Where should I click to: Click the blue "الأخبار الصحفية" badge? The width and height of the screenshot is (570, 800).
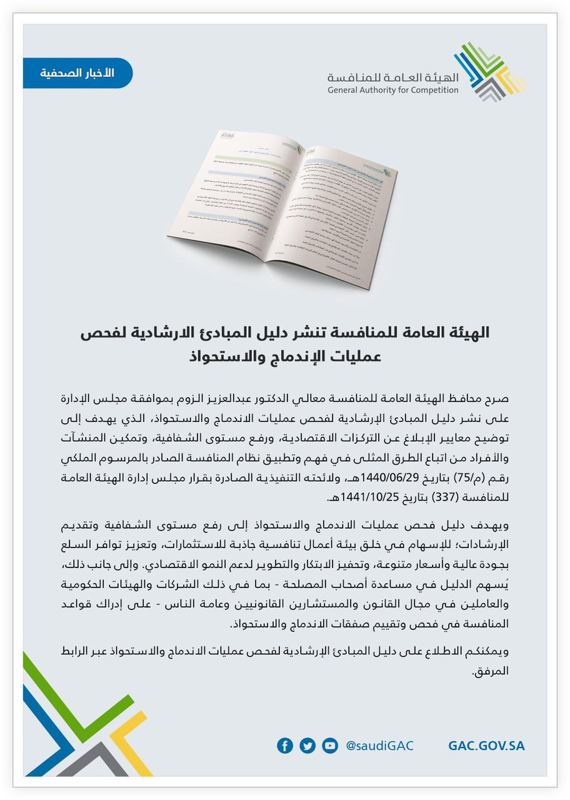(77, 73)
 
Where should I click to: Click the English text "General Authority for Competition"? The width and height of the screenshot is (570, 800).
(392, 91)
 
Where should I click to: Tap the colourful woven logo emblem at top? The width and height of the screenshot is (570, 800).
(489, 72)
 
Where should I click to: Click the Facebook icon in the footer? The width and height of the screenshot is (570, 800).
(285, 746)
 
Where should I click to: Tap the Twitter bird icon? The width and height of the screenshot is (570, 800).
(307, 746)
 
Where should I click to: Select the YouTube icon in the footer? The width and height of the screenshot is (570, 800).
(330, 746)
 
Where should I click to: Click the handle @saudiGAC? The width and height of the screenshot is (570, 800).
(379, 746)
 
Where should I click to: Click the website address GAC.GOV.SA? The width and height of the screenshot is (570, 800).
(486, 746)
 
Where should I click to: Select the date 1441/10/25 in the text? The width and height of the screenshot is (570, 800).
(371, 498)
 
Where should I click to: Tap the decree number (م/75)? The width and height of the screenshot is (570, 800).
(471, 478)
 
